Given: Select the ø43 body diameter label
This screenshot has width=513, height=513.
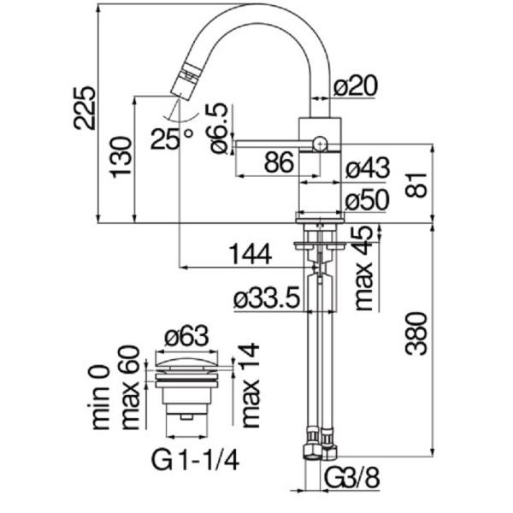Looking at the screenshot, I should tap(368, 168).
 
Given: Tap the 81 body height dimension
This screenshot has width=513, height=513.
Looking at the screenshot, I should tap(416, 182).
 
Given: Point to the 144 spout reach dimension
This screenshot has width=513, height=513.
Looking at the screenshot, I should tap(250, 254).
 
